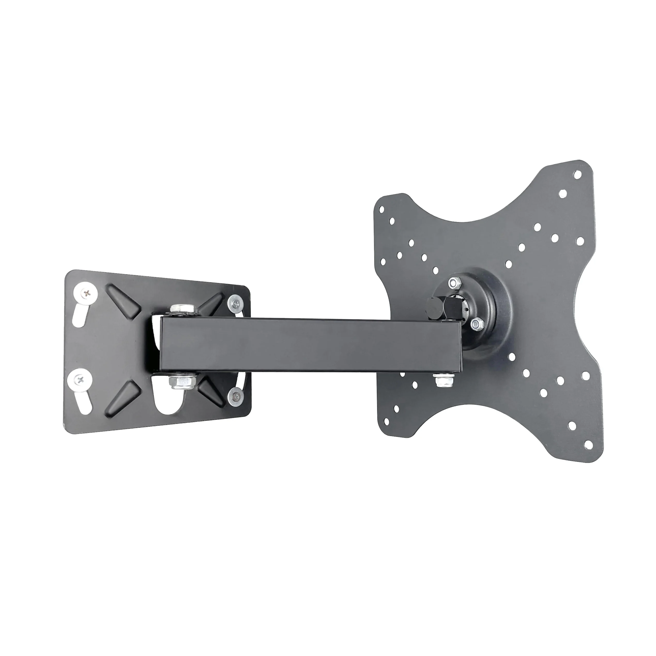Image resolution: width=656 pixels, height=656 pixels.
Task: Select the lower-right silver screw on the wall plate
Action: [x=235, y=394]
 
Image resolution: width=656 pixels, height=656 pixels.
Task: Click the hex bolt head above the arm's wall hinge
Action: [x=183, y=309]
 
